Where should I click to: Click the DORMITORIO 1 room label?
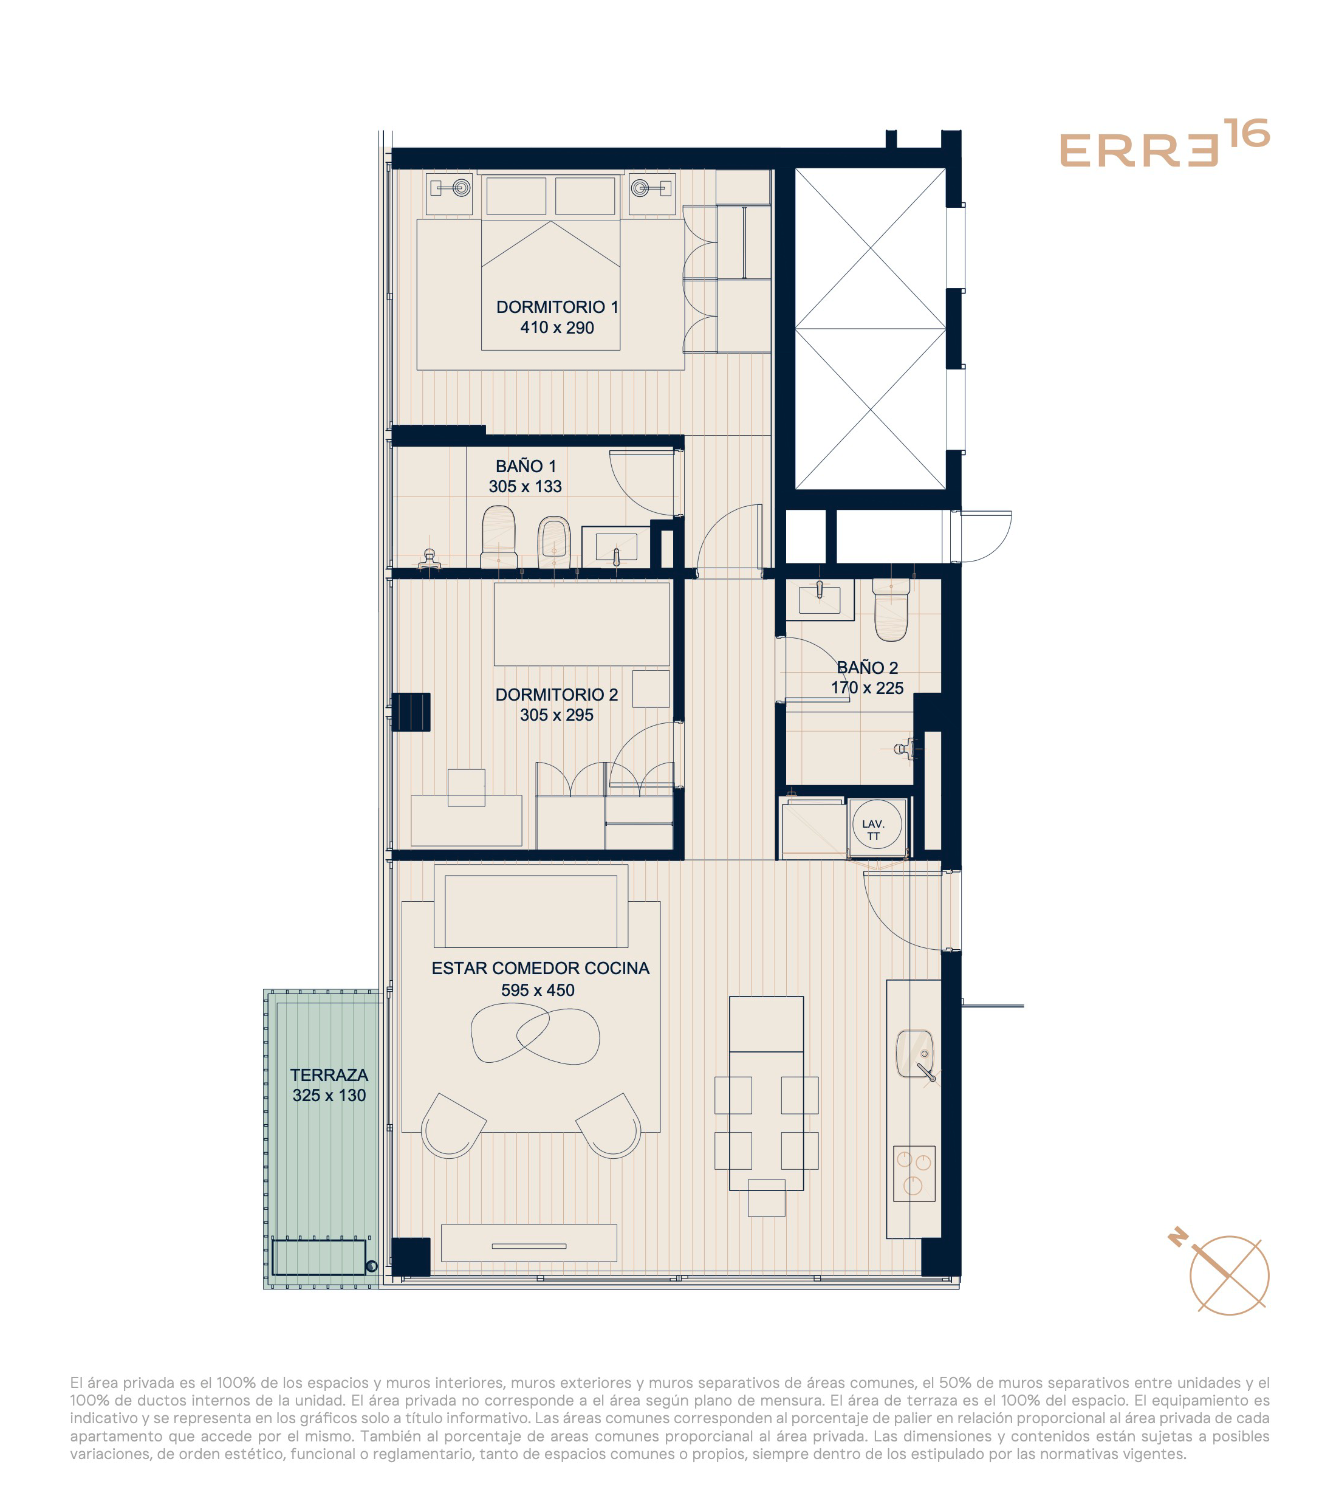pyautogui.click(x=557, y=307)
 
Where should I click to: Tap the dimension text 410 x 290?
pyautogui.click(x=557, y=328)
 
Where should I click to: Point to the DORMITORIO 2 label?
pyautogui.click(x=556, y=695)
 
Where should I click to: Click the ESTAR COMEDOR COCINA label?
pyautogui.click(x=540, y=968)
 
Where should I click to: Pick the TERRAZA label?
pyautogui.click(x=329, y=1075)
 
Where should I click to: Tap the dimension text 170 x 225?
pyautogui.click(x=868, y=688)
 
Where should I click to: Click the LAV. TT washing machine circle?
pyautogui.click(x=876, y=825)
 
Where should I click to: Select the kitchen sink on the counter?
pyautogui.click(x=914, y=1054)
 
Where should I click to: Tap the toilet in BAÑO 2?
pyautogui.click(x=891, y=608)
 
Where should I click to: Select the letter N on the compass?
pyautogui.click(x=1179, y=1238)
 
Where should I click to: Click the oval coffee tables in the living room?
pyautogui.click(x=535, y=1034)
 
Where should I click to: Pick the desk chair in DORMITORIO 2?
pyautogui.click(x=467, y=788)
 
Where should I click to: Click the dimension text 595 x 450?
pyautogui.click(x=538, y=991)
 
